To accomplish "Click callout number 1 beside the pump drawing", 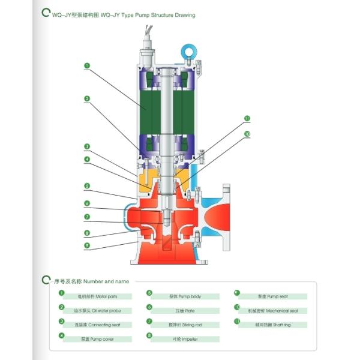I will point(88,65).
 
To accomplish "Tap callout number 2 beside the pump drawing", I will point(88,98).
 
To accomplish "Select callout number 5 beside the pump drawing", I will point(88,186).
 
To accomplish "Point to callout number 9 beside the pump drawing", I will point(88,245).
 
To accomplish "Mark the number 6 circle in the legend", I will point(149,307).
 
